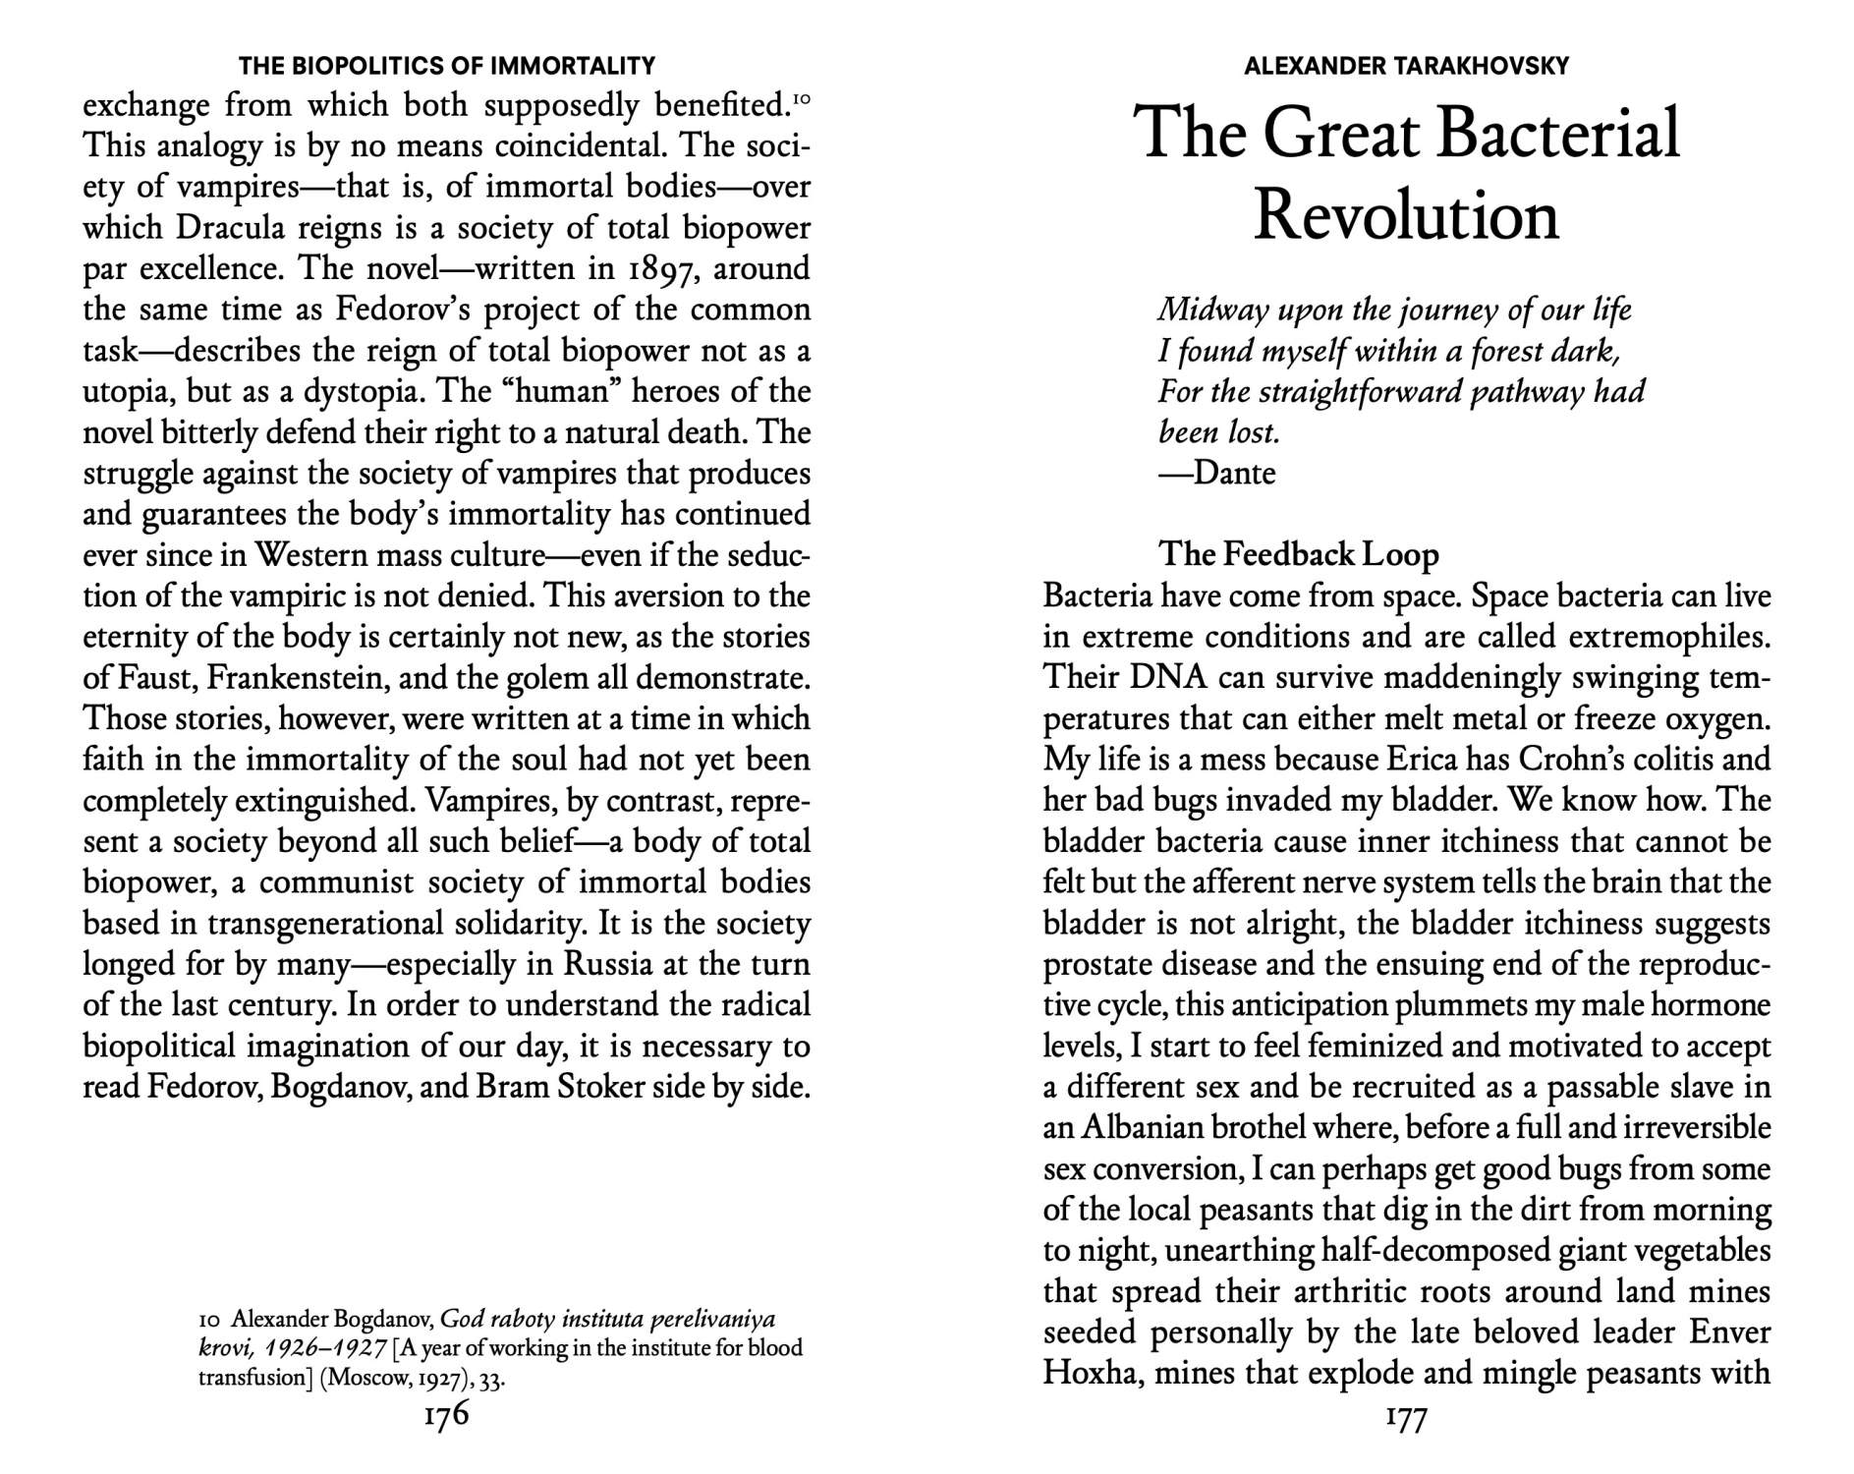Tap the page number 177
click(1405, 1418)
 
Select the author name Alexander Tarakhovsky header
click(1406, 66)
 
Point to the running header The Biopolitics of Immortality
click(447, 66)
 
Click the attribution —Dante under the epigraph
click(1216, 474)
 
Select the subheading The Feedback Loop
click(1299, 554)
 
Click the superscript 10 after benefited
click(801, 99)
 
